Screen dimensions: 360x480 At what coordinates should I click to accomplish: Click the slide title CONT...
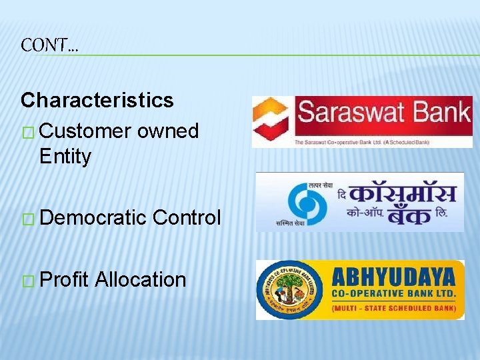click(49, 45)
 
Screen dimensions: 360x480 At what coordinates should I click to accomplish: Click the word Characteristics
click(97, 100)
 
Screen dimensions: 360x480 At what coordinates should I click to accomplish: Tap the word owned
click(168, 131)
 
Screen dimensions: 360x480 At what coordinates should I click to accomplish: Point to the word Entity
click(65, 157)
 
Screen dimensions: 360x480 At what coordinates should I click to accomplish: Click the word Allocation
click(140, 279)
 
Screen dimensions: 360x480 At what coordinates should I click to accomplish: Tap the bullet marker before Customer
click(28, 132)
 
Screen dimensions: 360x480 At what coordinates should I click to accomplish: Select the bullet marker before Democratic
click(28, 219)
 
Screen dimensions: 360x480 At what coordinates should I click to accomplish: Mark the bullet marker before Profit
click(28, 281)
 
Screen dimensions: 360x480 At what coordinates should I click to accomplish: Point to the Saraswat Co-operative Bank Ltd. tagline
click(361, 141)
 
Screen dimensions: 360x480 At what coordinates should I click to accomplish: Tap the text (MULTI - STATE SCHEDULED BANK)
click(393, 308)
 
